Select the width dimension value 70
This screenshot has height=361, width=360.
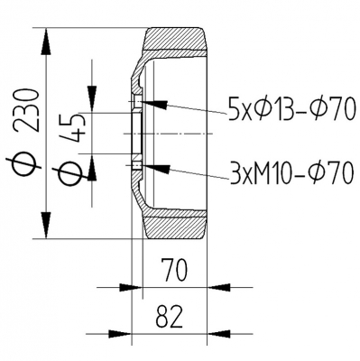pos(174,270)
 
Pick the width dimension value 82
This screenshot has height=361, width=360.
pos(170,317)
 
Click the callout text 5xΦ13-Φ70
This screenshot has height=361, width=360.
pos(290,109)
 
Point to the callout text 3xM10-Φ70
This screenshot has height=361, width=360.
pos(291,173)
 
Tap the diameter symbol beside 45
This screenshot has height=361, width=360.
pos(70,174)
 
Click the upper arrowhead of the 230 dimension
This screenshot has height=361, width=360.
pos(46,42)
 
